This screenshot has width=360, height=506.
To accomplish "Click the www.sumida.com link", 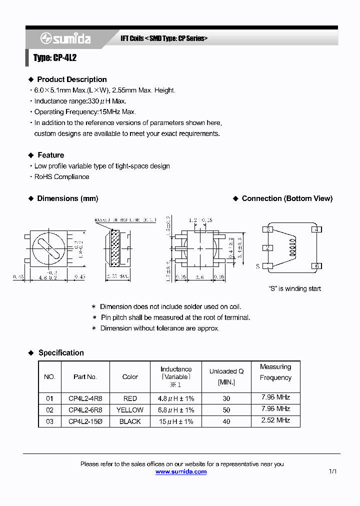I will tap(181, 471).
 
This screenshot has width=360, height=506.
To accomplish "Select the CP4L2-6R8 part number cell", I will tap(85, 410).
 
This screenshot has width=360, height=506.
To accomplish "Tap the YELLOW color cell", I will tap(130, 410).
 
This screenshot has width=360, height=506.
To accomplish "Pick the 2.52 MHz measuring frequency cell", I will tap(275, 420).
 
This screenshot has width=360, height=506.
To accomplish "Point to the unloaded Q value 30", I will tap(226, 398).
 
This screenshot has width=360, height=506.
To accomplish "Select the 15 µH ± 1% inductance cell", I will tap(176, 421).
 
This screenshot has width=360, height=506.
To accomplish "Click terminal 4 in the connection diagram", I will tap(316, 229).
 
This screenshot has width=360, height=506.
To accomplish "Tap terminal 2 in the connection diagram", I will tap(268, 247).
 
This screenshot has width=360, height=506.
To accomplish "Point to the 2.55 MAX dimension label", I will tap(117, 276).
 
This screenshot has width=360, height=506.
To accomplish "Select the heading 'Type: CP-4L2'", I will tap(55, 58).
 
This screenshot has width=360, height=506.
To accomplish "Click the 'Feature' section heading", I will tap(50, 155).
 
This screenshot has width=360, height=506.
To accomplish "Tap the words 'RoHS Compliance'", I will tap(61, 176).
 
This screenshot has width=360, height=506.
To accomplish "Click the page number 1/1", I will tap(333, 471).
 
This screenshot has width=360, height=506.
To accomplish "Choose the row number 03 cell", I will tap(49, 421).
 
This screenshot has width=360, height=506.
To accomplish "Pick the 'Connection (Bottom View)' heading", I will tap(287, 198).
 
